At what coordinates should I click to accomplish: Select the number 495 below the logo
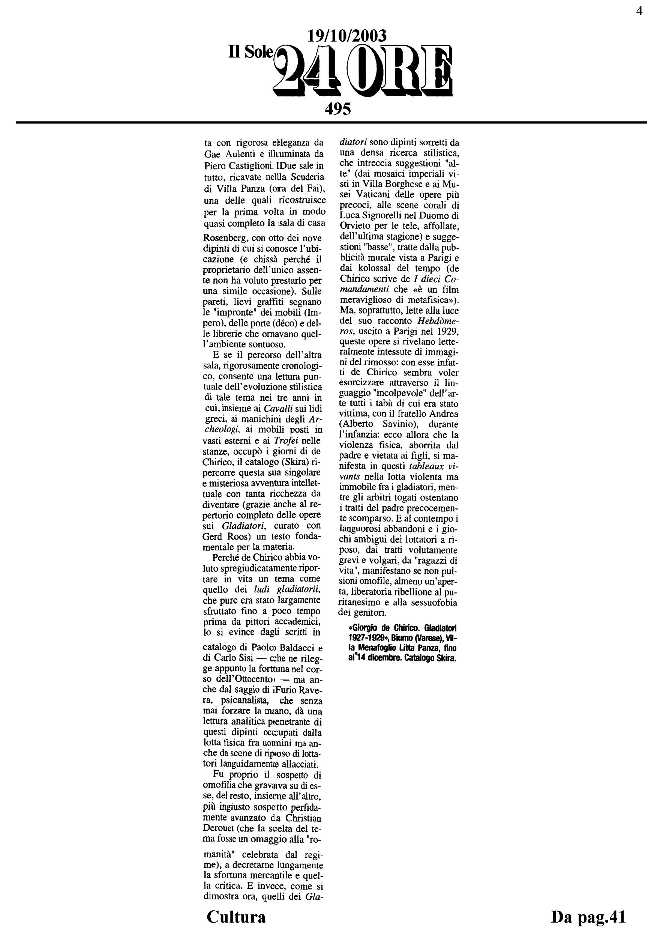[337, 109]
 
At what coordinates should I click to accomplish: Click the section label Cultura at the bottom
[236, 917]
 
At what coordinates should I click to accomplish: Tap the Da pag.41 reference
[588, 917]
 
